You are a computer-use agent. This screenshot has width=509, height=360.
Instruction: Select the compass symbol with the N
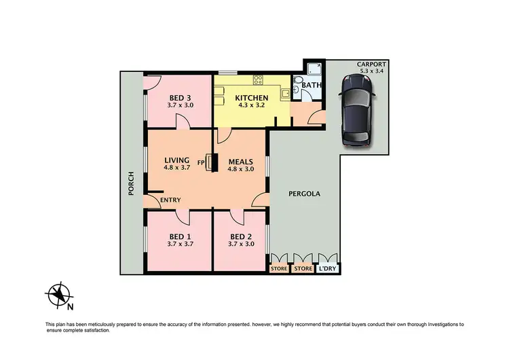(60, 294)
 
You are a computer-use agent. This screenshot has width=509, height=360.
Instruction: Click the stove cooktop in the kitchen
(258, 80)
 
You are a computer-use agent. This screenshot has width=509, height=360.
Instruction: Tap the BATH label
(313, 86)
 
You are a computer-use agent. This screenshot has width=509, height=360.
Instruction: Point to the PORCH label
(131, 183)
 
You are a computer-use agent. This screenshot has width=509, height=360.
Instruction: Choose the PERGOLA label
(304, 194)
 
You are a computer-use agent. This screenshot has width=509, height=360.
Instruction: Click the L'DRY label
(327, 269)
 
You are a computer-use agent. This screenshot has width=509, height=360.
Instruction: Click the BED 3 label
(180, 97)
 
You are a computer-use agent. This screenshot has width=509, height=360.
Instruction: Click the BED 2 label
(241, 236)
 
